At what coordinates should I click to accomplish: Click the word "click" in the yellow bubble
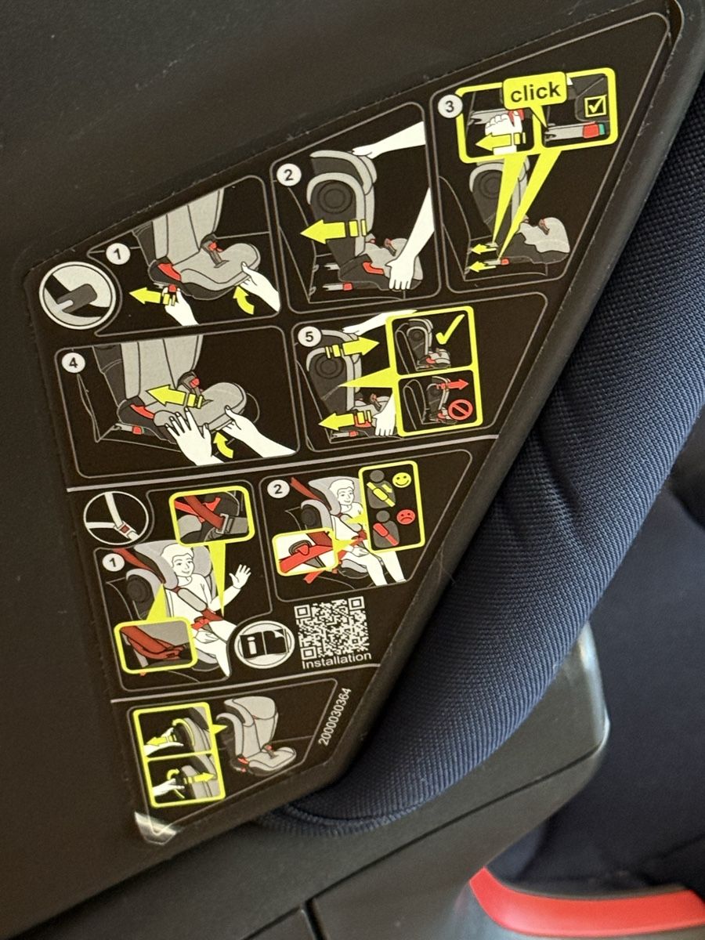tap(535, 92)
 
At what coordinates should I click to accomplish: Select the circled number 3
tap(450, 106)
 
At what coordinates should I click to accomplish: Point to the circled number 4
tap(74, 363)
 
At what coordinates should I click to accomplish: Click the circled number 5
tap(311, 336)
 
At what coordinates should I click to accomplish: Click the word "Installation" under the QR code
tap(337, 660)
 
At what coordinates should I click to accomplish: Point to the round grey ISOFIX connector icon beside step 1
tap(78, 295)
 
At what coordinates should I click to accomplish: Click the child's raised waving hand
tap(240, 577)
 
